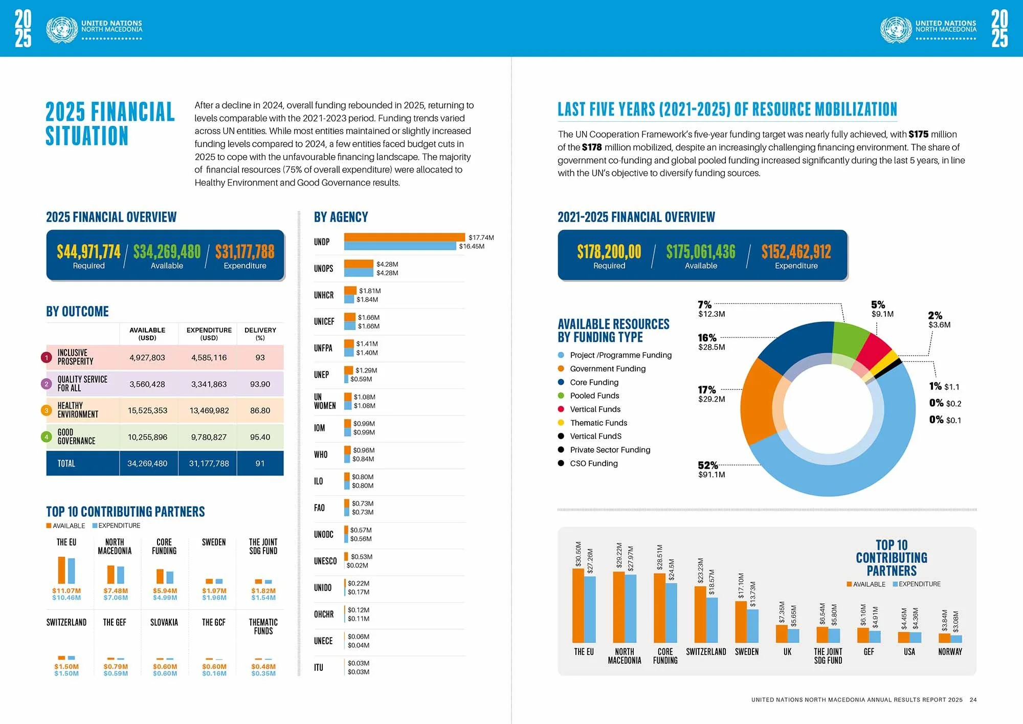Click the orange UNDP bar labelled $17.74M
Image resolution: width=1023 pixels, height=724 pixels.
[x=404, y=237]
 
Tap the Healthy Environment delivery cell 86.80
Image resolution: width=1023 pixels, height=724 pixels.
[x=260, y=410]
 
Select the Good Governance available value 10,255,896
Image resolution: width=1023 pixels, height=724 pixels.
[x=147, y=437]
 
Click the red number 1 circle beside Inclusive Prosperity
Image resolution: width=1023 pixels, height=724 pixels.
[x=47, y=358]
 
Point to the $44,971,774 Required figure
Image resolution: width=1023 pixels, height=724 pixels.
[x=88, y=251]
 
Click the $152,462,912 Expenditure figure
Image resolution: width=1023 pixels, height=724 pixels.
[x=796, y=251]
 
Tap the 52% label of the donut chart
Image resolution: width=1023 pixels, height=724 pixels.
[x=708, y=465]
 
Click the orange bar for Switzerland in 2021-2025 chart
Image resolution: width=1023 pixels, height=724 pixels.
[x=700, y=614]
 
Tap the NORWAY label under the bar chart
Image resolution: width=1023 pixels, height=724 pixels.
[x=950, y=652]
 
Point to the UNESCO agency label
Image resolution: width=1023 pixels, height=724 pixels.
[x=325, y=561]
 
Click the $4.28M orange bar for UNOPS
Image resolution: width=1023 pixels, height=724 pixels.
[x=359, y=264]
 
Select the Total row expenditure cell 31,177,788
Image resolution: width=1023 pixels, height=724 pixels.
[x=209, y=464]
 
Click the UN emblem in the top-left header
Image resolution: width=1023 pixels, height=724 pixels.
[x=62, y=29]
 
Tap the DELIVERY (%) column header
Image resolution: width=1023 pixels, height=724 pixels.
[x=260, y=334]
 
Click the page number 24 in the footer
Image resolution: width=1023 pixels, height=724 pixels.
[x=973, y=699]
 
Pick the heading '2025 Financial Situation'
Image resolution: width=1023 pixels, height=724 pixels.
[x=110, y=124]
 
